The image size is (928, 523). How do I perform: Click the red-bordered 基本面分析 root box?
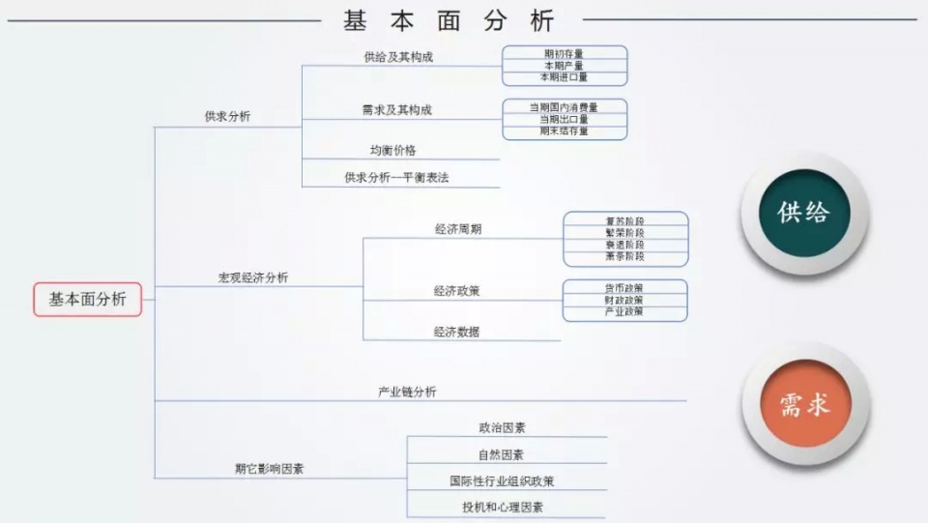[87, 300]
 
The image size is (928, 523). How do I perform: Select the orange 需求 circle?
[804, 404]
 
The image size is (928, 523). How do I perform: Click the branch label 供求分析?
[227, 116]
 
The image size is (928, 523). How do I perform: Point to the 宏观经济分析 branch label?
[252, 277]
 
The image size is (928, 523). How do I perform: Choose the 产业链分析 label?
[406, 392]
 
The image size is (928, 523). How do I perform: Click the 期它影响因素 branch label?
[269, 469]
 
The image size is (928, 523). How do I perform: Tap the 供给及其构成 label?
[398, 57]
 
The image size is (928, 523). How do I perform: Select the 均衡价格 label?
[392, 150]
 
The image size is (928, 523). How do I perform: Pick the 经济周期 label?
[458, 229]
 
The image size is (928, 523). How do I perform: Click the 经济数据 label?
[456, 332]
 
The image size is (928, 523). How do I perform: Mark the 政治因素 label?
[502, 427]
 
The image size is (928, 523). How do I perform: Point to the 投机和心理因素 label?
[502, 507]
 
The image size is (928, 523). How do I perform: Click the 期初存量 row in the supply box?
[564, 53]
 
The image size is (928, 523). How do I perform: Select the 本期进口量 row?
[564, 77]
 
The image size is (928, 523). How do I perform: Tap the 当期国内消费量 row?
[564, 107]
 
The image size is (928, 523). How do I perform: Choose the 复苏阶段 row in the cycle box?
[624, 221]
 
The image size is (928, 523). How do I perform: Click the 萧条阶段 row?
[624, 257]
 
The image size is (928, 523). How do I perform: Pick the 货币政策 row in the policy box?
[624, 288]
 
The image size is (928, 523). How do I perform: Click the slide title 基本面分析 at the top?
[449, 19]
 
